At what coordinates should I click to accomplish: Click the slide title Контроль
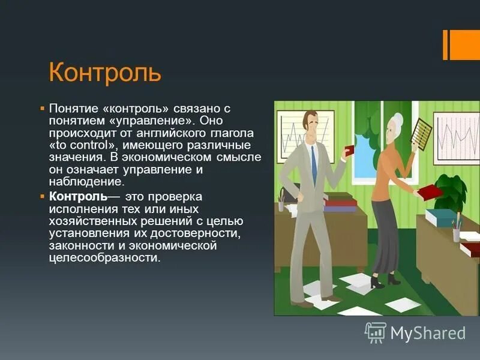click(x=105, y=73)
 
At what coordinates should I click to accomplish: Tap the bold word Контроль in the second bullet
click(x=79, y=197)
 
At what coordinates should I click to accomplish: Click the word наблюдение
click(x=86, y=182)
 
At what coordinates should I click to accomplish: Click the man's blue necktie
click(x=313, y=164)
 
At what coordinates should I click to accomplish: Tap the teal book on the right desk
click(x=443, y=216)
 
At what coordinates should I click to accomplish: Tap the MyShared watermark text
click(x=428, y=332)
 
